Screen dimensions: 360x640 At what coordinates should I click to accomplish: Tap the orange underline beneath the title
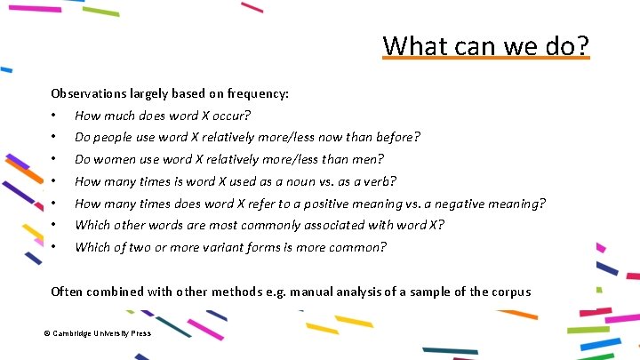485,59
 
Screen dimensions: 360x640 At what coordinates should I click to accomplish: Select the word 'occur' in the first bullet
230,116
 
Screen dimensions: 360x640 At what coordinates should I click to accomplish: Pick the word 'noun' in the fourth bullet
283,181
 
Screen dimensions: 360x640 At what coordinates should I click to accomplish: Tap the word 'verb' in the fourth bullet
376,181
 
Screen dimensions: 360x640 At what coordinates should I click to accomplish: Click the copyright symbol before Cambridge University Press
46,333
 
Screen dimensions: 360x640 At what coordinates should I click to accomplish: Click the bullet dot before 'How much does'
55,116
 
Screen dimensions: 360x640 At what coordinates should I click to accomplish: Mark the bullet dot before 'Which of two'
55,247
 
